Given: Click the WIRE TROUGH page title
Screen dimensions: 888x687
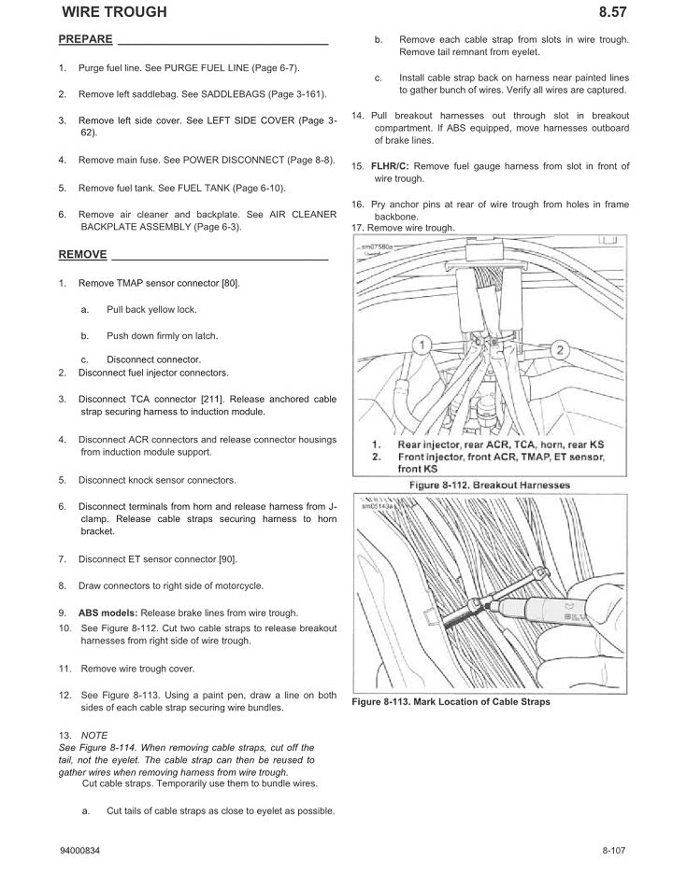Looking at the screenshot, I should [114, 12].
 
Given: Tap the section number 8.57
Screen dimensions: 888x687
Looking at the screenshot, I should [611, 12].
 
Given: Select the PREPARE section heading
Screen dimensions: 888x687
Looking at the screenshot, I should [85, 39].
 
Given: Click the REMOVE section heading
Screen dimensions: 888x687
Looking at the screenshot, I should [82, 254].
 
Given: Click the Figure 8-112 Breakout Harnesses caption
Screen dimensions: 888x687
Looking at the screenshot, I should [490, 486].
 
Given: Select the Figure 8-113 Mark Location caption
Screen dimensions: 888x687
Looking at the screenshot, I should [451, 702].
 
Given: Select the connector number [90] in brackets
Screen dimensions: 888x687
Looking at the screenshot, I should [227, 558].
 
